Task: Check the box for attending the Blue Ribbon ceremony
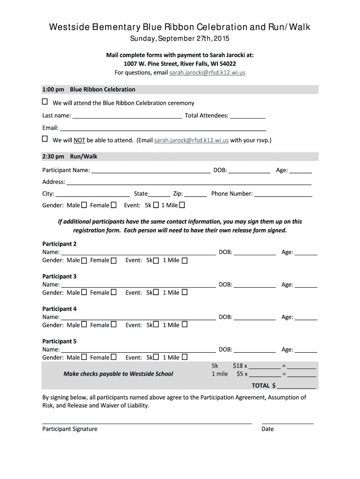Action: [x=45, y=102]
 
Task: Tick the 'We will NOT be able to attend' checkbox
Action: [x=45, y=139]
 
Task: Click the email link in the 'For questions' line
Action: [x=207, y=73]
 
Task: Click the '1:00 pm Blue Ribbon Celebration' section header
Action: [x=102, y=89]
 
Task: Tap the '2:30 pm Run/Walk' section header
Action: [x=84, y=156]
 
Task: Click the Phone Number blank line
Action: [x=283, y=193]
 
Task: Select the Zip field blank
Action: [x=195, y=193]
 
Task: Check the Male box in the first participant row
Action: [x=84, y=205]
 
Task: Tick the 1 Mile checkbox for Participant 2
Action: [x=184, y=261]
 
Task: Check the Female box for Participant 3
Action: [x=113, y=292]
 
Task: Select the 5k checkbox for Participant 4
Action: [x=156, y=325]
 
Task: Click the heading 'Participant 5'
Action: [x=59, y=341]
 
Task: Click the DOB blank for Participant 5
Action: [x=254, y=349]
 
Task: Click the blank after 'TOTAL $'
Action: [x=296, y=385]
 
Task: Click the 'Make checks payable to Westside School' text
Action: [x=118, y=374]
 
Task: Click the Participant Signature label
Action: [x=70, y=429]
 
